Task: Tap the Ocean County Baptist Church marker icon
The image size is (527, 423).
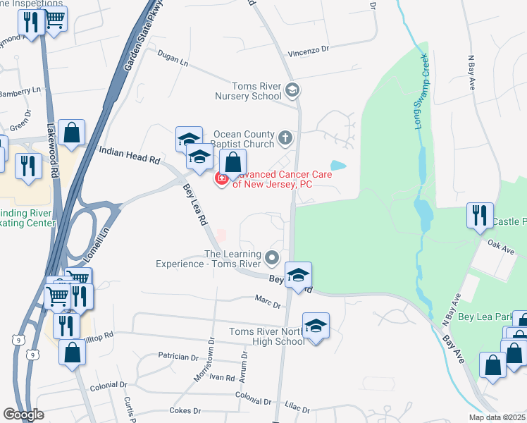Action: [285, 137]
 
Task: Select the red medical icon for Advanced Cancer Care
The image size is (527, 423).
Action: [221, 179]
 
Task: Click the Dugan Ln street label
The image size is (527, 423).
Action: [173, 61]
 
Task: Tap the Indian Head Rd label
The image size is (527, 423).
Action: [130, 155]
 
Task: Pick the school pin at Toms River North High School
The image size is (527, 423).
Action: [316, 326]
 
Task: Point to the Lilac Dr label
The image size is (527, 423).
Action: [297, 408]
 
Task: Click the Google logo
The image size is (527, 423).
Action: [24, 415]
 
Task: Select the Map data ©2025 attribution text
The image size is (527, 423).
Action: [496, 417]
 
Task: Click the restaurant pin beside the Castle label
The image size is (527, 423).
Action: [480, 216]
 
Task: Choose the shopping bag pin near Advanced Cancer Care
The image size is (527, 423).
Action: [233, 164]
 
